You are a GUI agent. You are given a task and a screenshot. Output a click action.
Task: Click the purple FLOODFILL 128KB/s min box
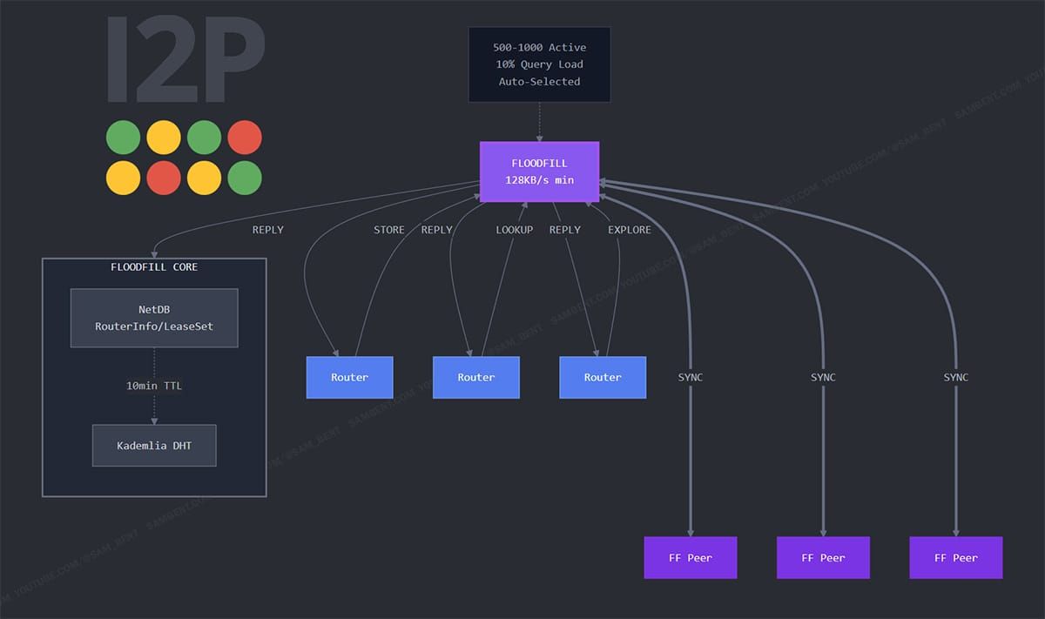coord(539,172)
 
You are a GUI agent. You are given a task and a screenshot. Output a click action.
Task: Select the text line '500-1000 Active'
coord(539,47)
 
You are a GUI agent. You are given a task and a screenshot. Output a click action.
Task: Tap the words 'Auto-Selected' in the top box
coord(539,81)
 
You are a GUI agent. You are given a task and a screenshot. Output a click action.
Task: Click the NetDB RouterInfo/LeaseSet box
coord(154,318)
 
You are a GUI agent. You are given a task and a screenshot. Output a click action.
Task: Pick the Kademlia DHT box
coord(154,446)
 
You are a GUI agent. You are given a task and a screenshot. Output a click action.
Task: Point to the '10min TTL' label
coord(154,386)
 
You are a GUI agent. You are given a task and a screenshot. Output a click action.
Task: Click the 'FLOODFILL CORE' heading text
coord(154,266)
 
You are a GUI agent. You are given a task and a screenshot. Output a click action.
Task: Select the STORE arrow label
coord(388,230)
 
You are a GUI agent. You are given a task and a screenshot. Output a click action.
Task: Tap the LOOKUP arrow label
coord(514,230)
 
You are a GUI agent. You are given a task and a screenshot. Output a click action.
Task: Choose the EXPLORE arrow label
coord(629,230)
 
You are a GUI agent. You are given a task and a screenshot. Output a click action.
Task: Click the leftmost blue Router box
coord(349,378)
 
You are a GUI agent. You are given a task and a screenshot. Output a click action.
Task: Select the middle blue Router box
coord(476,378)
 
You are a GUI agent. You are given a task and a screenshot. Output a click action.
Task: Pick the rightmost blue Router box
coord(603,378)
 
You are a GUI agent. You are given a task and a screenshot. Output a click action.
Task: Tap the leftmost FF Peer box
coord(691,557)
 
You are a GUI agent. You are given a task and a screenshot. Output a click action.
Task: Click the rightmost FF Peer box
coord(956,557)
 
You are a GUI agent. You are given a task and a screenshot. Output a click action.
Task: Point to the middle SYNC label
coord(823,377)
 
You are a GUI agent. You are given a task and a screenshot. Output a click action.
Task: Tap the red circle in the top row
coord(245,138)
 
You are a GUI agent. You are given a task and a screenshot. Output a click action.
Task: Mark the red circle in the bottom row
coord(164,178)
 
